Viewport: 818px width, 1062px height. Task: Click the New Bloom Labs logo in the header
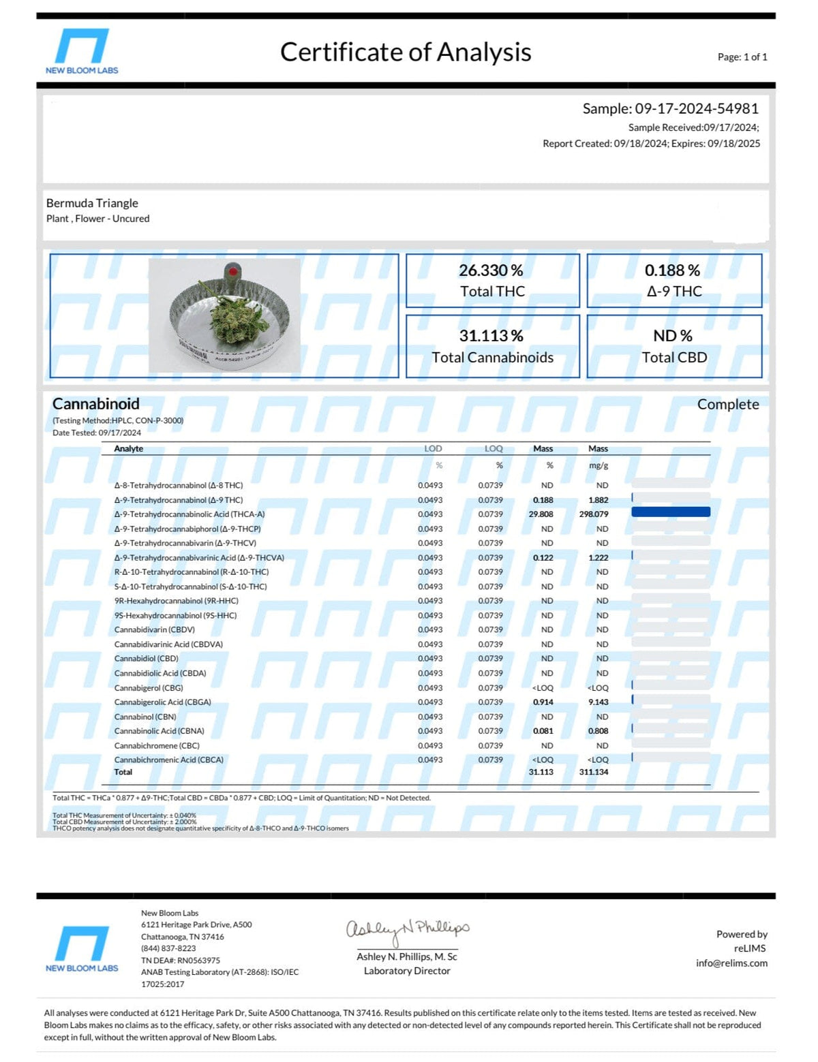tap(82, 51)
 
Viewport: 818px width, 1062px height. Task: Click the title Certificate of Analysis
tap(406, 52)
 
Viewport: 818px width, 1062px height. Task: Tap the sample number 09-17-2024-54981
tap(697, 108)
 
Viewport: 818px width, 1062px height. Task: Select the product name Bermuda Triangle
tap(92, 203)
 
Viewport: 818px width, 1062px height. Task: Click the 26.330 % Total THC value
tap(491, 270)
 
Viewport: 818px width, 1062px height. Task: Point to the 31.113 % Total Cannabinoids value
tap(491, 336)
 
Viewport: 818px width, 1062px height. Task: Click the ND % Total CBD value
tap(673, 336)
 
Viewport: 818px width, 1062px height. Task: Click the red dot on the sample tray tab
tap(232, 271)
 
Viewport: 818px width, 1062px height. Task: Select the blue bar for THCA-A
tap(671, 512)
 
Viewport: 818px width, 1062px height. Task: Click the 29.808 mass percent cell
tap(541, 514)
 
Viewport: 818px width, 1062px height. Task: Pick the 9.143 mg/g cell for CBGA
tap(598, 702)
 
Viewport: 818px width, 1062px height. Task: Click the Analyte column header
tap(128, 449)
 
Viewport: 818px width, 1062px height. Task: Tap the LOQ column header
tap(494, 449)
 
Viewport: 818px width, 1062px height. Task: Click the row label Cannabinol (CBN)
tap(145, 717)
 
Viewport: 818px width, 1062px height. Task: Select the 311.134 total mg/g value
tap(594, 772)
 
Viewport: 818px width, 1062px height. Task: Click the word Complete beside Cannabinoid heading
tap(727, 405)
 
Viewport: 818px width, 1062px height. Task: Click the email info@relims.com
tap(731, 963)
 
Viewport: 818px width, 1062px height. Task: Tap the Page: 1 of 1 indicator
tap(742, 57)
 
